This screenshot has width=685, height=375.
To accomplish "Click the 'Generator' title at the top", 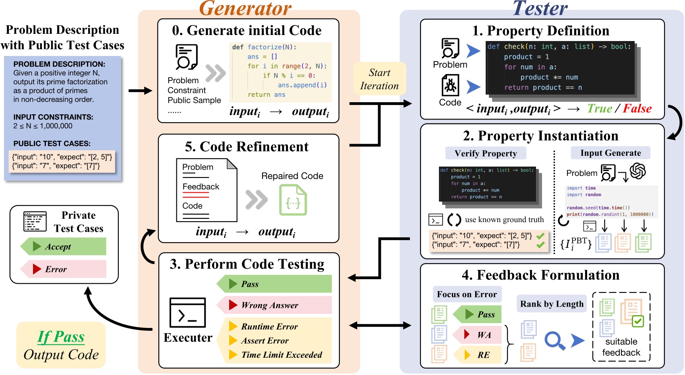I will click(x=245, y=8).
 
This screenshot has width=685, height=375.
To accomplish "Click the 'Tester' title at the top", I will click(x=540, y=8).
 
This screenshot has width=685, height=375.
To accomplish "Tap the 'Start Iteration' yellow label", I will click(x=379, y=79).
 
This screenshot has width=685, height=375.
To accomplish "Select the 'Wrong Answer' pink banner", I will click(x=274, y=305).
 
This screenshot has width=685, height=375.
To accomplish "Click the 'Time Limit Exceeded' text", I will click(x=281, y=354).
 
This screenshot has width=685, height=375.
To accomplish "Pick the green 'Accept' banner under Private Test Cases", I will click(x=64, y=246).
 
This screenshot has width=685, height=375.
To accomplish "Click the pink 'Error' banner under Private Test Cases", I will click(x=64, y=269).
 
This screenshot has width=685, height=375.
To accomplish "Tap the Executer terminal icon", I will click(x=188, y=313).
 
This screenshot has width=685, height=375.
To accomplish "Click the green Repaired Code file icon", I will click(x=293, y=200).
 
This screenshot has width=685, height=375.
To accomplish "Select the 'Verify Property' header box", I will click(x=486, y=153).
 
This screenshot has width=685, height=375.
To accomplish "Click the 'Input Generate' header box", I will click(x=610, y=153).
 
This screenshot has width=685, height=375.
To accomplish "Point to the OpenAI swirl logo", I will click(x=638, y=171).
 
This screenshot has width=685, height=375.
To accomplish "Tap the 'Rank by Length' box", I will click(x=552, y=304).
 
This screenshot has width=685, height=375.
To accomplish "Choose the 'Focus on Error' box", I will click(x=467, y=294).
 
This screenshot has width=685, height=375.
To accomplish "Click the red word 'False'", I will click(x=637, y=108).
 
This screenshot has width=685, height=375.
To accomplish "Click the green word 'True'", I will click(x=599, y=108).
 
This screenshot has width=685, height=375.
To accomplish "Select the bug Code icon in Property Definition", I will click(x=450, y=86).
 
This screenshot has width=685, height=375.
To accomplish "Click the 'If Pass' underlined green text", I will click(x=61, y=337).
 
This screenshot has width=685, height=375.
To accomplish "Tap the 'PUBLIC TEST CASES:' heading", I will click(x=52, y=143).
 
